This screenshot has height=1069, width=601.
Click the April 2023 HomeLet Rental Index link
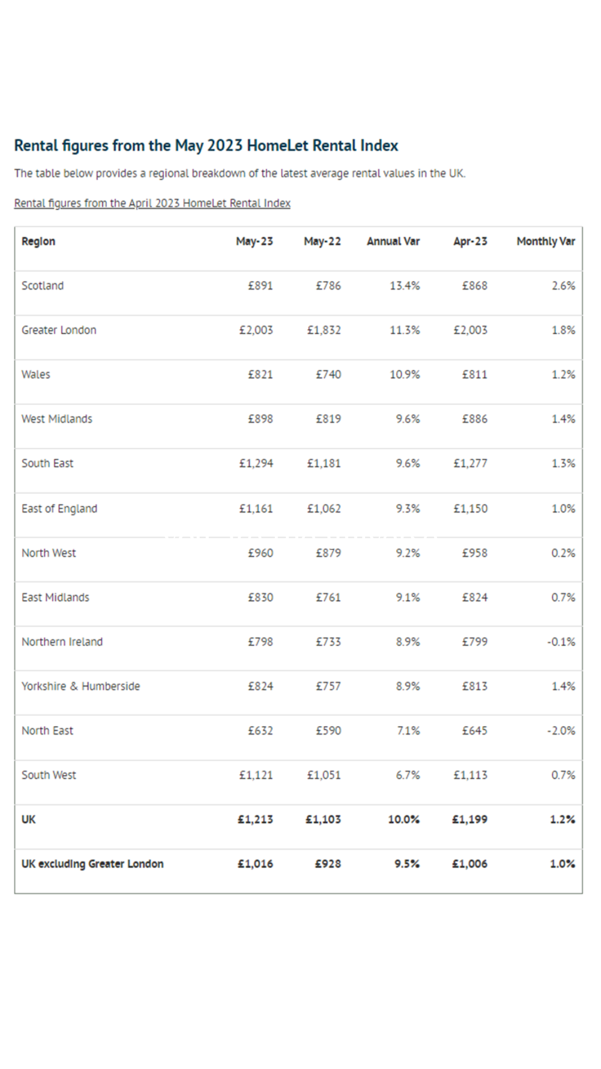pyautogui.click(x=152, y=203)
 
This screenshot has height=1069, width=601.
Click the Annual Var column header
pyautogui.click(x=393, y=241)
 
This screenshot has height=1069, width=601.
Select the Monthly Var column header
pyautogui.click(x=545, y=241)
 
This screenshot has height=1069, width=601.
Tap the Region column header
pyautogui.click(x=38, y=241)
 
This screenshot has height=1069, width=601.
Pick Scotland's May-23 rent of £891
pyautogui.click(x=260, y=286)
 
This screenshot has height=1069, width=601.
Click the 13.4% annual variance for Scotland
pyautogui.click(x=405, y=286)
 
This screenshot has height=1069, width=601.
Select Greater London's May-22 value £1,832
pyautogui.click(x=324, y=330)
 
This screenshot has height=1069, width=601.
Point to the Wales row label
pyautogui.click(x=36, y=375)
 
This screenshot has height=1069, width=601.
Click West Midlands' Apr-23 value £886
pyautogui.click(x=475, y=419)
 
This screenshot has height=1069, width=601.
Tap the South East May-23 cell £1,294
pyautogui.click(x=256, y=463)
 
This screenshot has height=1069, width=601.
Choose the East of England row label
pyautogui.click(x=59, y=508)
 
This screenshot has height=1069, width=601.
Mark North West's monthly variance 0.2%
pyautogui.click(x=563, y=553)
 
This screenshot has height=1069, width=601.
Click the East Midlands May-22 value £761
pyautogui.click(x=328, y=597)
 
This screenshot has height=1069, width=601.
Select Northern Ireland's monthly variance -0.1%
pyautogui.click(x=561, y=642)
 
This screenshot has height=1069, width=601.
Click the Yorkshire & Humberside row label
pyautogui.click(x=81, y=686)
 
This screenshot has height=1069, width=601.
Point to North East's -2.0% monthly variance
pyautogui.click(x=561, y=730)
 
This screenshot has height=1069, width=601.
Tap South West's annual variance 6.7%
pyautogui.click(x=408, y=775)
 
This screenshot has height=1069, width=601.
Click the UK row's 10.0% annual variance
pyautogui.click(x=404, y=820)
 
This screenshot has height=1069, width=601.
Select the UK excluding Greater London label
pyautogui.click(x=92, y=864)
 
